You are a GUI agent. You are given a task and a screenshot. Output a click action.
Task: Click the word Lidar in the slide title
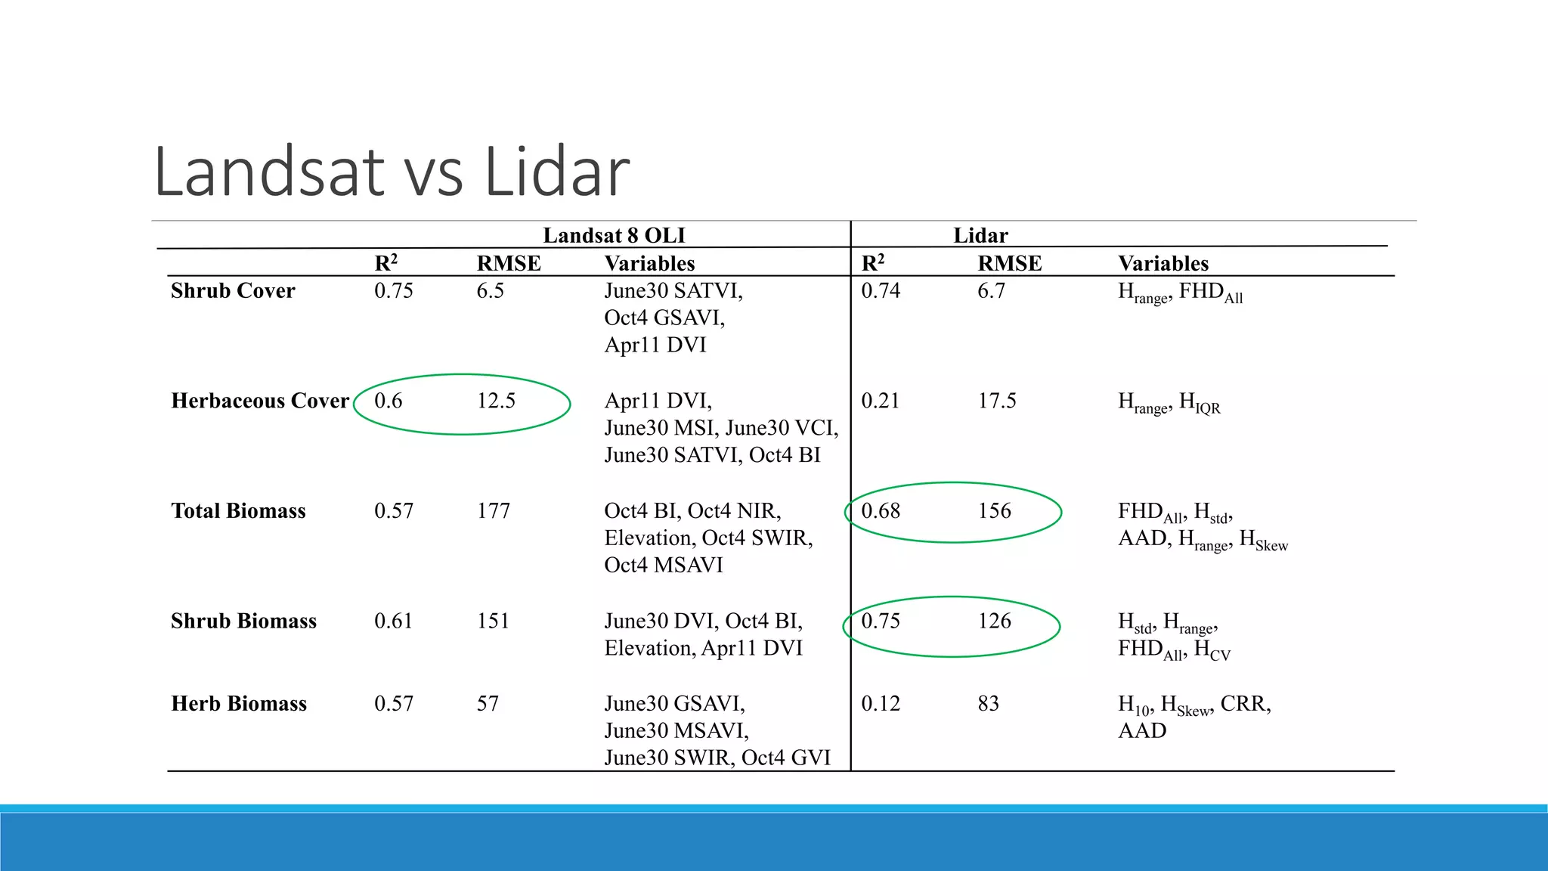click(556, 172)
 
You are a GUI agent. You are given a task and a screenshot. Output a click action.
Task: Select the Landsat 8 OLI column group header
click(614, 235)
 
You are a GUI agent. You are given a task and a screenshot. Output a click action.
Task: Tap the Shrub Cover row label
click(233, 290)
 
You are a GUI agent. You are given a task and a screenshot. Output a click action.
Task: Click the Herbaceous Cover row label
click(260, 401)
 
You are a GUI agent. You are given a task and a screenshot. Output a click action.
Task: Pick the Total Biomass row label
click(238, 511)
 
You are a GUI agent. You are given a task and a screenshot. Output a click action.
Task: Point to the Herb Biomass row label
click(239, 704)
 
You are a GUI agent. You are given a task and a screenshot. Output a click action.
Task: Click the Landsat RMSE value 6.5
click(490, 290)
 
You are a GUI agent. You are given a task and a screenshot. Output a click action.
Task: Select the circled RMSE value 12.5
click(496, 401)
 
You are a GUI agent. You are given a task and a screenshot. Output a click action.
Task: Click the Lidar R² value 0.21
click(881, 401)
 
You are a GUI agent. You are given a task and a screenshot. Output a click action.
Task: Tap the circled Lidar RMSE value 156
click(994, 511)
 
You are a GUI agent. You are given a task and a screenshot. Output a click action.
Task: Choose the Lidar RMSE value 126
click(994, 621)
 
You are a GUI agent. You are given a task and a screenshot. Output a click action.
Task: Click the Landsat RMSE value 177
click(493, 511)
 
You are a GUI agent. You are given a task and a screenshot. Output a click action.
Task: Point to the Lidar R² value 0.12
click(881, 704)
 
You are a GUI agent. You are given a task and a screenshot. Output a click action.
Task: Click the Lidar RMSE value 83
click(988, 704)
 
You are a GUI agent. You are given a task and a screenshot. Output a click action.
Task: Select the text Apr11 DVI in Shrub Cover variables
click(655, 346)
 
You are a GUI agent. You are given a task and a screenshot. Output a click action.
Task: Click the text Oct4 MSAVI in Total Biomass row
click(663, 566)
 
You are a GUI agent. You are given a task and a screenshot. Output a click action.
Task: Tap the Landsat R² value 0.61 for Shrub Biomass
click(393, 621)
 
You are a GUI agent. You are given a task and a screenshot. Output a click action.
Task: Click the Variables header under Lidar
click(1163, 263)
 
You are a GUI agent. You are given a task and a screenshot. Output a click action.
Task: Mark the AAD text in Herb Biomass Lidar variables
click(1141, 731)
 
